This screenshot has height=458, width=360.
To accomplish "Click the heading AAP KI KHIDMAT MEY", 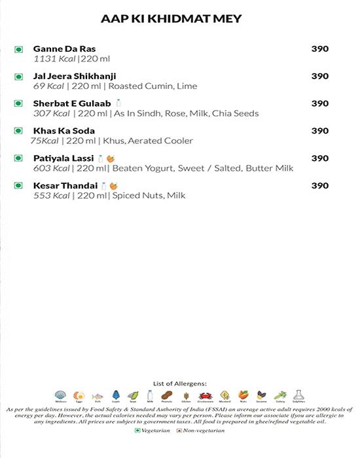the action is point(171,19).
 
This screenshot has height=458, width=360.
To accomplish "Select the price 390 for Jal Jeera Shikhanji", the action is point(319,77).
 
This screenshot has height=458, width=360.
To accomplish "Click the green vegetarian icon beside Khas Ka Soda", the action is point(18,132).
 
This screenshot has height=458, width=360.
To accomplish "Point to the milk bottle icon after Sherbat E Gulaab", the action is point(118,103).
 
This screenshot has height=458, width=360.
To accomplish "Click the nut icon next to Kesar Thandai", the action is point(113,186).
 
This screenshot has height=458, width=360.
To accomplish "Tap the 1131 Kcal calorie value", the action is point(54,59).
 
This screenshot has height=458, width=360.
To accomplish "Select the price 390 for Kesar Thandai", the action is point(319,186).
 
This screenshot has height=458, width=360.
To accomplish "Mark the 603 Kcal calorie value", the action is point(50,169).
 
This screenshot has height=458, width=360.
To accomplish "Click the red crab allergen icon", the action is point(206,396).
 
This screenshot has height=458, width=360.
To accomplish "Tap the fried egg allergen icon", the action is point(79,396).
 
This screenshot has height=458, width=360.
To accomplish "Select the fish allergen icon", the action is point(97,396).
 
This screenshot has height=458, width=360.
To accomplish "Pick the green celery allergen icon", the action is point(279,396).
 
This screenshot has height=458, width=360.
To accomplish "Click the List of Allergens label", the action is point(180,383).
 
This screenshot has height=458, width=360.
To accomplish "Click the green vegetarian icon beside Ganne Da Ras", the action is point(18,49).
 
